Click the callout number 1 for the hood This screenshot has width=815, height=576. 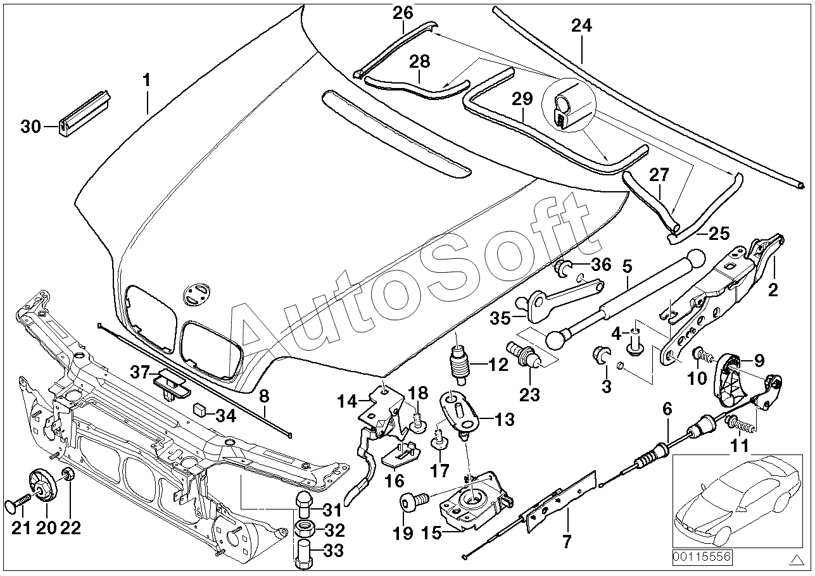point(147,80)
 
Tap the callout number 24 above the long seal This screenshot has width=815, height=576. point(582,26)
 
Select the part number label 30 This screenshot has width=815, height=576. point(30,127)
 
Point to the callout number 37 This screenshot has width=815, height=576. point(140,372)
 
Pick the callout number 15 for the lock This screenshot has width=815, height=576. point(433,534)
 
